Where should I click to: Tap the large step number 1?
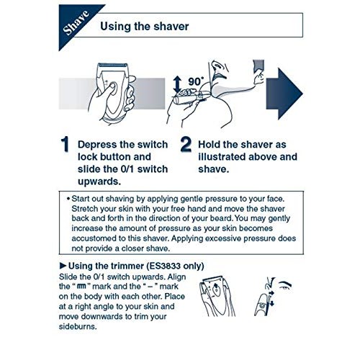(x=64, y=145)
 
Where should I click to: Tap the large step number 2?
(x=185, y=145)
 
